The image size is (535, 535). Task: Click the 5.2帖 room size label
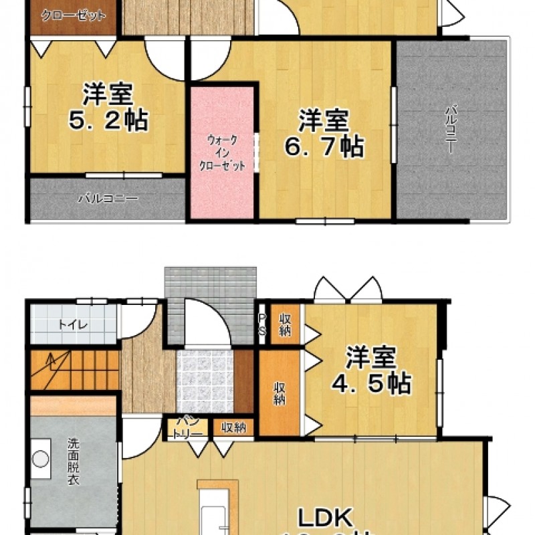click(x=108, y=120)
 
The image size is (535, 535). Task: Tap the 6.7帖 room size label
click(x=324, y=145)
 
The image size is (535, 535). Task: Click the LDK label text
click(x=324, y=518)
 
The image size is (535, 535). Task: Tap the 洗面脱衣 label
click(x=73, y=462)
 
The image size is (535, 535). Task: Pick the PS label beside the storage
click(x=262, y=325)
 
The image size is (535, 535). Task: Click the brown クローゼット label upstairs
click(x=74, y=15)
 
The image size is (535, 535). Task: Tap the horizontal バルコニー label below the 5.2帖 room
click(x=107, y=199)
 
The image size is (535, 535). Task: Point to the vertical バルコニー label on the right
click(x=452, y=130)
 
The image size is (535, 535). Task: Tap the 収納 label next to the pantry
click(x=233, y=427)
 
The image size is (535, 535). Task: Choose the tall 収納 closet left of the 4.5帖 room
click(x=279, y=393)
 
